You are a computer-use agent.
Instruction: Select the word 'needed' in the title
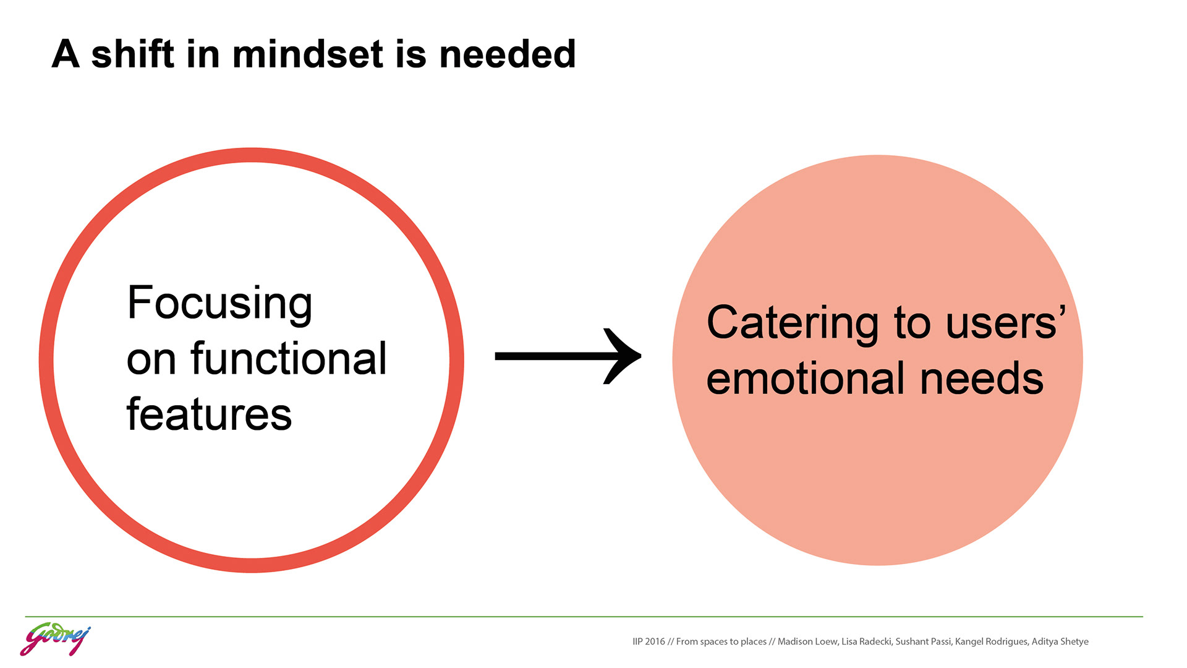coord(507,54)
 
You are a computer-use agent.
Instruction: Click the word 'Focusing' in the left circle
coord(219,303)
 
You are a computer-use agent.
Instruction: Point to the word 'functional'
coord(289,359)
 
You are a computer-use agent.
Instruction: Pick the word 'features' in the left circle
coord(209,414)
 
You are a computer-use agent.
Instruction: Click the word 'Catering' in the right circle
coord(792,323)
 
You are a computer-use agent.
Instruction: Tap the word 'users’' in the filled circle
coord(1006,323)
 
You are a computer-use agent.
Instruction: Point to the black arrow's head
coord(624,356)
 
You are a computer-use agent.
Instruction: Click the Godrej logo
coord(55,640)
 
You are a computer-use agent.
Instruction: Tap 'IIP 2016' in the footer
coord(649,641)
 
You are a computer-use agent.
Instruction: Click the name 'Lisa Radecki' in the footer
coord(866,641)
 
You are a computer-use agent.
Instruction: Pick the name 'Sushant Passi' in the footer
coord(923,641)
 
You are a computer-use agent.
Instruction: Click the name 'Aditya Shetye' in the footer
coord(1060,641)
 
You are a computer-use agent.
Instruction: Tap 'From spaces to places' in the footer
coord(721,641)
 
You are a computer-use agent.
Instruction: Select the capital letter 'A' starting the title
coord(66,54)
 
